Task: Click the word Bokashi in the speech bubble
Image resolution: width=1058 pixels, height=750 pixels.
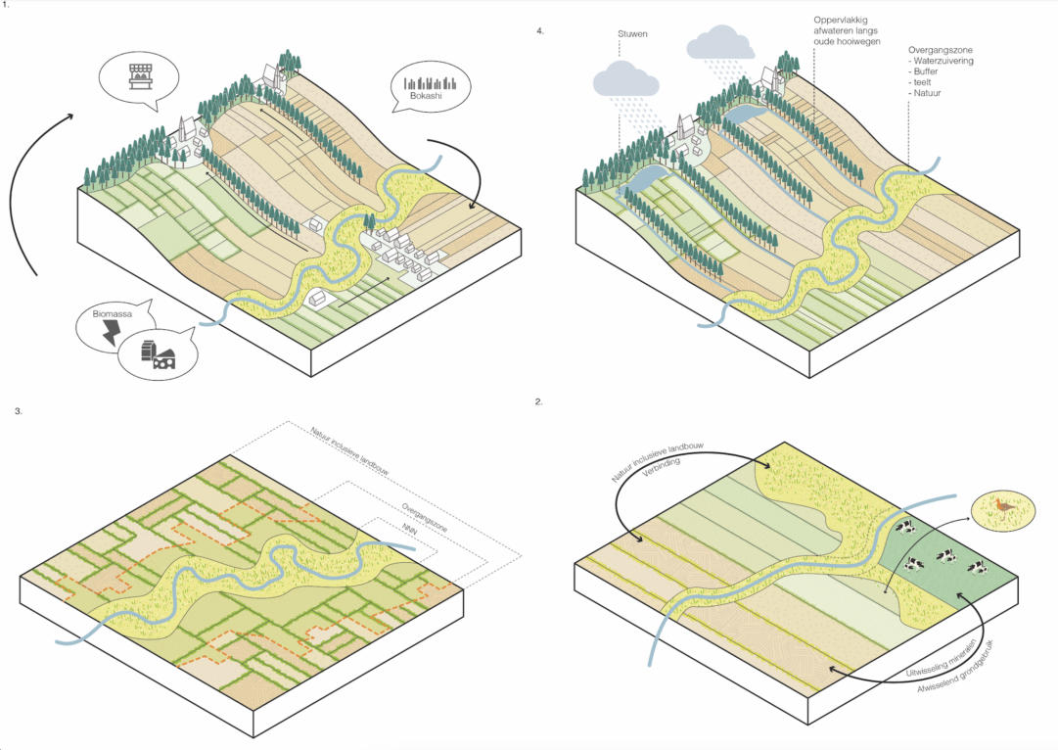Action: [x=426, y=96]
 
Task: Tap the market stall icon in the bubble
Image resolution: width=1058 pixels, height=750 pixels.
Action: [x=140, y=76]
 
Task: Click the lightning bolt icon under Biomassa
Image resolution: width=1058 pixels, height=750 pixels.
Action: [x=111, y=332]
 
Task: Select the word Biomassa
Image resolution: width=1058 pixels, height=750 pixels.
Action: [x=113, y=314]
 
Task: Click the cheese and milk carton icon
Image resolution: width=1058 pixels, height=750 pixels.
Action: [x=158, y=355]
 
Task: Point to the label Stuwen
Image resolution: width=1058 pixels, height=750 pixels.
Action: [x=632, y=33]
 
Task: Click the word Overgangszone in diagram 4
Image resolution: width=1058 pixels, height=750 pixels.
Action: [x=941, y=50]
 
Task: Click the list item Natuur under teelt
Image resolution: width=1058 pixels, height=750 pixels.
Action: [x=925, y=93]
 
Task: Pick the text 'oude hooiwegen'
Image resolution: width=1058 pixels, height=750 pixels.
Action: [x=847, y=42]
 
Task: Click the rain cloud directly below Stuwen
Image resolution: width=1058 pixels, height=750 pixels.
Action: [x=625, y=79]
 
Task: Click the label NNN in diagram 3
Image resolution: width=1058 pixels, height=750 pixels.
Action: [x=409, y=530]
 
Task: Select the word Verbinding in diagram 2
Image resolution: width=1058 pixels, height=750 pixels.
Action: [x=661, y=467]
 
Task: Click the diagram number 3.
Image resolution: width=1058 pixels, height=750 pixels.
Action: [x=19, y=410]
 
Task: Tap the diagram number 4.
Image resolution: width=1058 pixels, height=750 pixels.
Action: [x=540, y=31]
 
